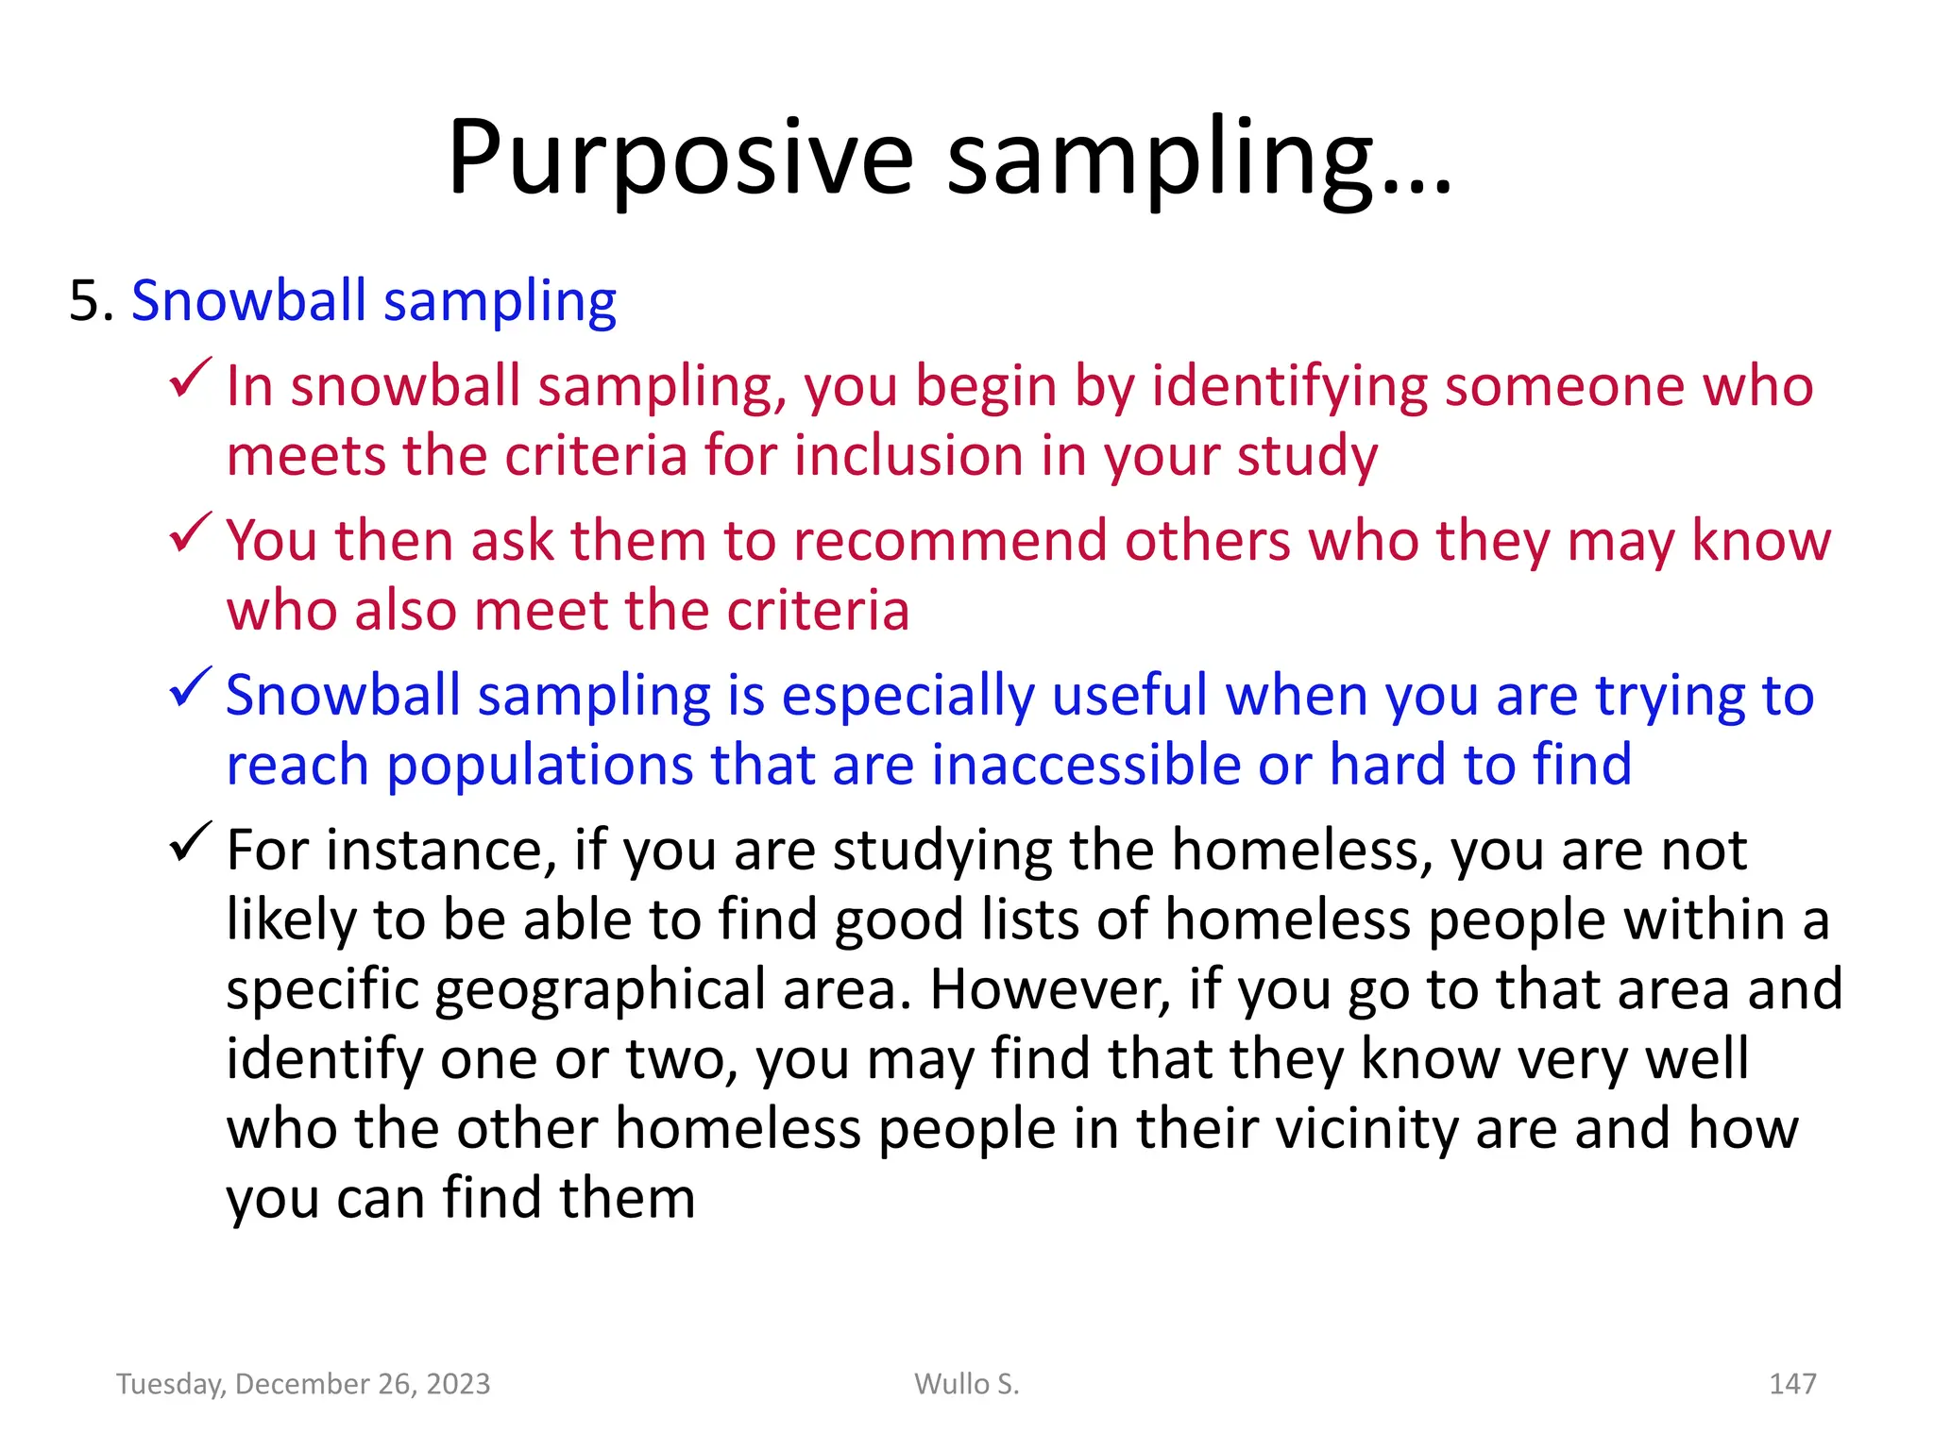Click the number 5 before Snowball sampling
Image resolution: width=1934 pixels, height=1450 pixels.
[85, 302]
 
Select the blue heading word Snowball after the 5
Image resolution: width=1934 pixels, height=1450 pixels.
[248, 302]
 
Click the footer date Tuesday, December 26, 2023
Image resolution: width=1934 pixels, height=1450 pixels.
[303, 1384]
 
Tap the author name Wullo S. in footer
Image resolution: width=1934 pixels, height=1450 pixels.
[967, 1384]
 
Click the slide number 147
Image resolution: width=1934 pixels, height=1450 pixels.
[1791, 1384]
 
